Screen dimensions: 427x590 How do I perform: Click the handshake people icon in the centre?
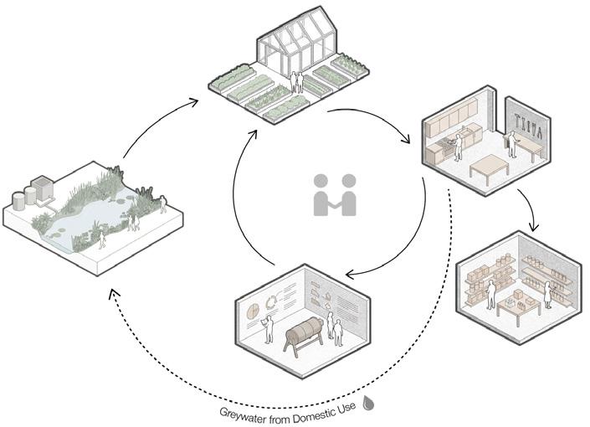coord(335,193)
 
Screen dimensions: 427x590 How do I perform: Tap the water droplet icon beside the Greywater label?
coord(368,402)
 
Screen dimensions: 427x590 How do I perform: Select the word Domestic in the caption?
coord(315,408)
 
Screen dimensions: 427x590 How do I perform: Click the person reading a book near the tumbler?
coord(269,327)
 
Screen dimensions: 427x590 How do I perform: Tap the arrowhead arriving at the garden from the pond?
coord(194,100)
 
